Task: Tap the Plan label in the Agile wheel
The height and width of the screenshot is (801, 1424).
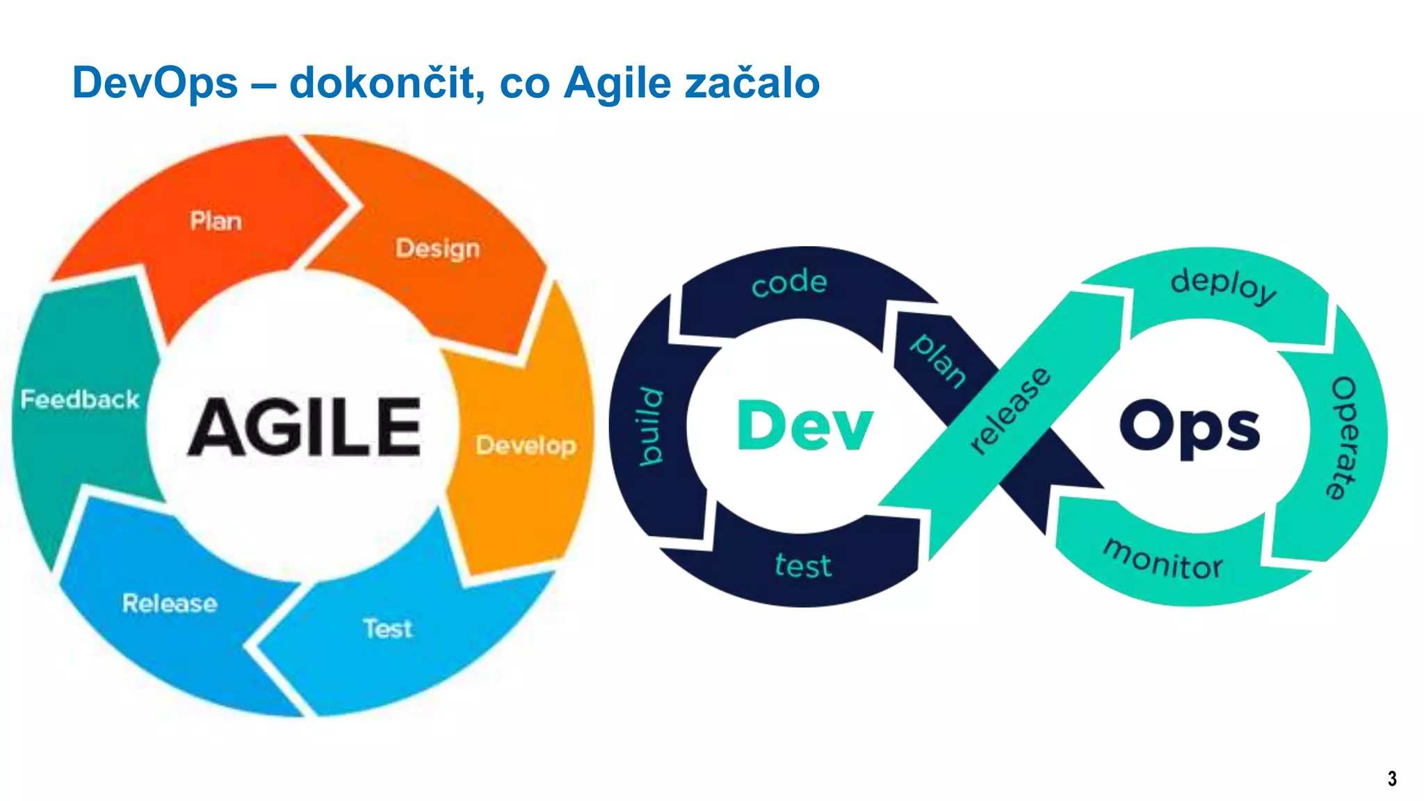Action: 216,221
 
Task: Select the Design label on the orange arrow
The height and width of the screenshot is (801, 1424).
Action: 437,248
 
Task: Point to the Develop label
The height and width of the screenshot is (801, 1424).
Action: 526,445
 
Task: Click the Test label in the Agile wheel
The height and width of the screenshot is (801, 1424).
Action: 387,629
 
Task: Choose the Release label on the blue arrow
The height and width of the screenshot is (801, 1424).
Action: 170,603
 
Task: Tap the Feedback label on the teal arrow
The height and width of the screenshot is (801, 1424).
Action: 80,399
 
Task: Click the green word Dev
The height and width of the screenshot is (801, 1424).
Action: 804,426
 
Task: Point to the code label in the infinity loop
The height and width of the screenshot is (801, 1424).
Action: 789,282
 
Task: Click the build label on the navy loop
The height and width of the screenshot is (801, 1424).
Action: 652,426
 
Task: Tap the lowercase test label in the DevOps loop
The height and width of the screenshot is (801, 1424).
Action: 803,565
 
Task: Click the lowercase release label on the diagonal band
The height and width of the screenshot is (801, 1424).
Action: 1010,410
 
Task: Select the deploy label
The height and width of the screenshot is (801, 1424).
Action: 1223,284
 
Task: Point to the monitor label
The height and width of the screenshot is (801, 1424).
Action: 1163,560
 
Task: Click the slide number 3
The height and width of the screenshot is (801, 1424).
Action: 1392,779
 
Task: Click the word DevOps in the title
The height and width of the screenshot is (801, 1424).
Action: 155,83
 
